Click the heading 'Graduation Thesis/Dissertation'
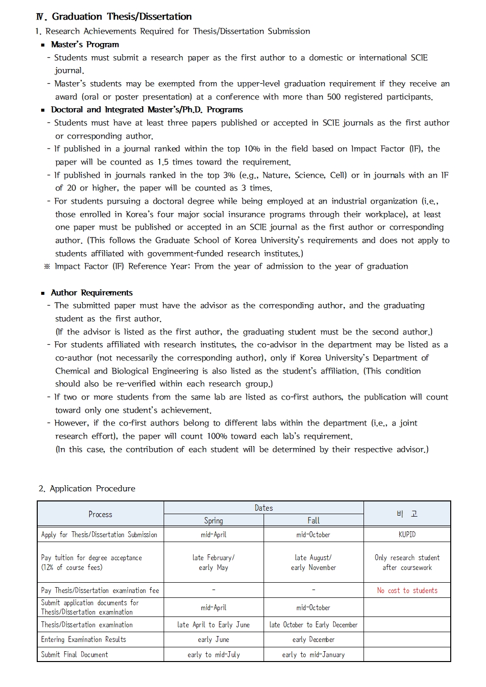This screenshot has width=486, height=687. tap(121, 17)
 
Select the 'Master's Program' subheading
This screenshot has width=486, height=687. tap(85, 45)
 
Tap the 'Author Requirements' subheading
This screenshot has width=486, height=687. tap(92, 293)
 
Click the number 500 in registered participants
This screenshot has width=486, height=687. tap(334, 97)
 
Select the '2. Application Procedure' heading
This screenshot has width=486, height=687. tap(87, 489)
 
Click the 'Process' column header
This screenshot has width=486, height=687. tap(100, 514)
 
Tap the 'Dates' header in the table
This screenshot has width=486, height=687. tap(264, 508)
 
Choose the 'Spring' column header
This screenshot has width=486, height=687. tap(214, 521)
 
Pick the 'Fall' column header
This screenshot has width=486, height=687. tap(314, 521)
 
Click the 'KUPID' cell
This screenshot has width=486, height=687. tap(407, 535)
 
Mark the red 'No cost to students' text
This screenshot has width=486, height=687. tap(407, 591)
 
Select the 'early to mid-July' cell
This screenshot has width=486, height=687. tap(214, 655)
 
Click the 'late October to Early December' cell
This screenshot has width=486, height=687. tap(314, 625)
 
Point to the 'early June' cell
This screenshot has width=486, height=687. tap(214, 640)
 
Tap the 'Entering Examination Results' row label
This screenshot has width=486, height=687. tap(84, 640)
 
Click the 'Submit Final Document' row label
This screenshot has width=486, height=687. tap(74, 655)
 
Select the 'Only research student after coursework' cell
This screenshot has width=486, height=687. tap(407, 563)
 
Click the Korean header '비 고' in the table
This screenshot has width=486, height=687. tap(407, 514)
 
